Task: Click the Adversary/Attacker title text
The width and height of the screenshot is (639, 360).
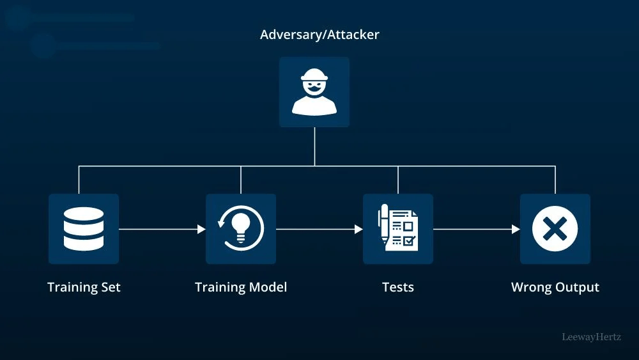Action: [x=319, y=35]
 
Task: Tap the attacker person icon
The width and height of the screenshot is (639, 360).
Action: [x=314, y=92]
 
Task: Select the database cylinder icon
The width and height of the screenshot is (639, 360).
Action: [x=84, y=229]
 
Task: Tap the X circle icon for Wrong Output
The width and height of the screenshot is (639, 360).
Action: [x=555, y=229]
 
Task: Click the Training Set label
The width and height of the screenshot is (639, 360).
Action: [x=84, y=287]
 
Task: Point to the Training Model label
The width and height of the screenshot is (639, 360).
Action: [x=241, y=287]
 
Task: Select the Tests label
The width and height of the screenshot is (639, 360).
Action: [x=398, y=287]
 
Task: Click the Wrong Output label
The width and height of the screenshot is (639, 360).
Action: [x=555, y=287]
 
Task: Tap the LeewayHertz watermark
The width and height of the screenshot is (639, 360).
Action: [x=591, y=337]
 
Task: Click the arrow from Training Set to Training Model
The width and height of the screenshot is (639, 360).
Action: [x=162, y=229]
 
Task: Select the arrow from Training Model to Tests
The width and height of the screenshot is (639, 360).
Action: [x=319, y=229]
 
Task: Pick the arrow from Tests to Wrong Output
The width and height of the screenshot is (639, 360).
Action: [x=477, y=229]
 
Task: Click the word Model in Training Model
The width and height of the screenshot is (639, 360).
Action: [x=268, y=287]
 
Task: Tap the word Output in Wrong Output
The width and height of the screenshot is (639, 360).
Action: [x=577, y=287]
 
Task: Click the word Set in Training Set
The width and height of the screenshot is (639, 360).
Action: [x=110, y=287]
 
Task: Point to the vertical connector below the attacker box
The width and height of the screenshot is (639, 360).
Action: [x=314, y=146]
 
